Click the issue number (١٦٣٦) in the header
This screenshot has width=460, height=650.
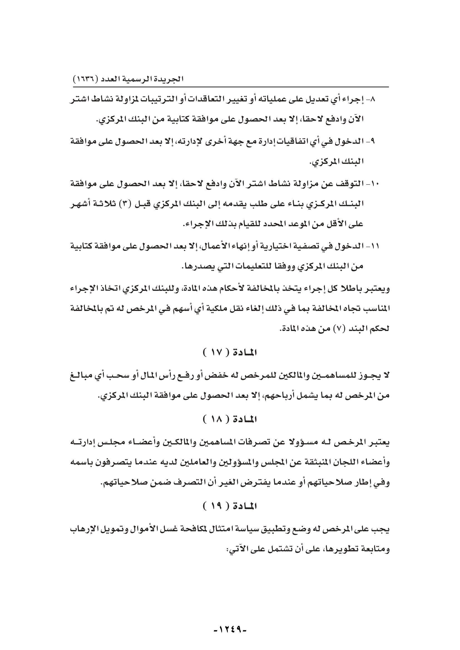[x=85, y=79]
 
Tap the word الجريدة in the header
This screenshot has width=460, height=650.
[x=171, y=79]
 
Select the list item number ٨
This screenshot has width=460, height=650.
[x=370, y=99]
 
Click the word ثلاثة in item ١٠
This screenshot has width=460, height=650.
[x=106, y=203]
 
